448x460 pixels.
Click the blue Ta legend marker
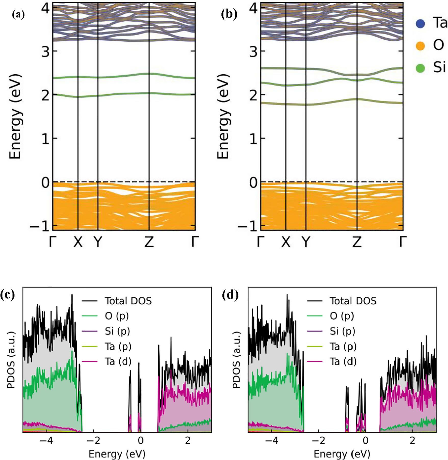pos(420,24)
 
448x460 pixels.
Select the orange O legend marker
pos(420,46)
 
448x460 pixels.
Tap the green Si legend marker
pos(420,68)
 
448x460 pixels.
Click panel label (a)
pos(18,15)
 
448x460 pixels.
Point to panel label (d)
pos(230,295)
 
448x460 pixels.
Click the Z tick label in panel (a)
pos(149,242)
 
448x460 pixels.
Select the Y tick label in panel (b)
pos(306,242)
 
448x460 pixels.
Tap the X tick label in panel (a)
pos(78,242)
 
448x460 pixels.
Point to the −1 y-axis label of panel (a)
pos(40,226)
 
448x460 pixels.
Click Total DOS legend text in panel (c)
pos(128,301)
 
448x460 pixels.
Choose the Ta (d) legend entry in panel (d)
pos(343,361)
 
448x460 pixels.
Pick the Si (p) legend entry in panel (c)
pos(117,331)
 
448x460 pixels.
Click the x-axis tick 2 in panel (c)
pos(188,441)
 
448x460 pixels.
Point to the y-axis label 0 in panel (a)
pos(46,183)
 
